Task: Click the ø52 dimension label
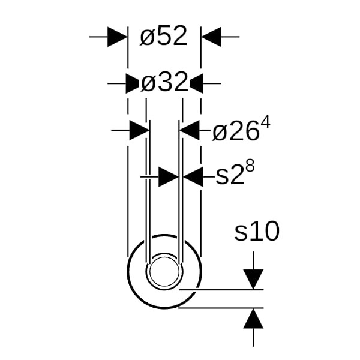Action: tap(164, 36)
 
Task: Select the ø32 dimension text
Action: tap(164, 82)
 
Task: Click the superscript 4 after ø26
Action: tap(266, 122)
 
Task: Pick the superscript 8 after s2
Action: tap(250, 166)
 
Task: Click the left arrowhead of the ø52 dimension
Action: tap(118, 37)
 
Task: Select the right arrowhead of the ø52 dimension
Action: tap(211, 37)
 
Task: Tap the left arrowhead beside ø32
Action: tap(133, 83)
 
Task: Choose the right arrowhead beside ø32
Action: tap(196, 83)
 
